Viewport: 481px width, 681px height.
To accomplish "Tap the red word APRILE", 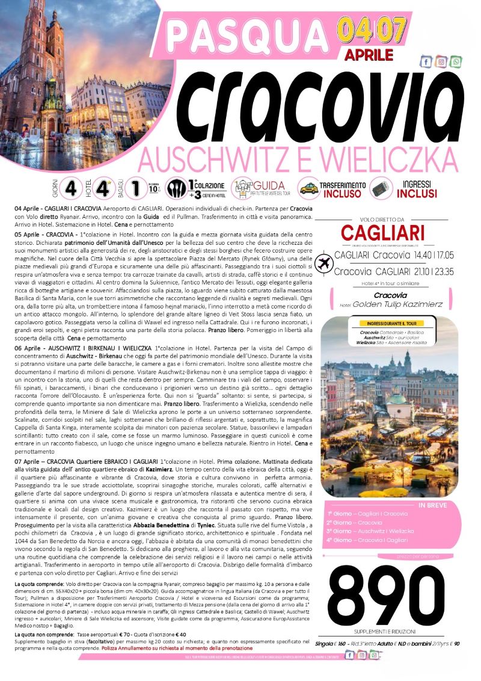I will (369, 55).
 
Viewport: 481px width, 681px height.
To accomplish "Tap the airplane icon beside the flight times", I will (325, 263).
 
